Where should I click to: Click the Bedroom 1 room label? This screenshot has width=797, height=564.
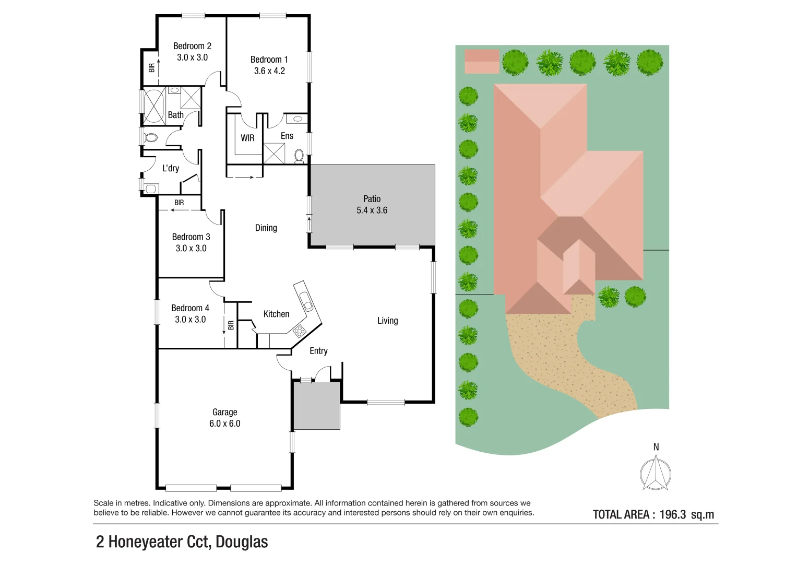[x=269, y=60]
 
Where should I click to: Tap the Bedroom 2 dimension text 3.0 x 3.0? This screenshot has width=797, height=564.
[x=192, y=57]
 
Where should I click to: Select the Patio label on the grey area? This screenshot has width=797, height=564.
[x=372, y=199]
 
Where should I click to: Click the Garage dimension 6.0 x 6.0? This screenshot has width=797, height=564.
[x=224, y=424]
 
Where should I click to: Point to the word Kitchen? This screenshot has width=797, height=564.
[x=276, y=314]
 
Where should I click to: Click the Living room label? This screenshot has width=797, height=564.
[x=387, y=321]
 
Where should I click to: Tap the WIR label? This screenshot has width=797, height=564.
[x=247, y=138]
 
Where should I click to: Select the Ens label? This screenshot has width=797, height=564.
[x=287, y=136]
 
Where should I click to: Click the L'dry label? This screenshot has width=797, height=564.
[x=170, y=168]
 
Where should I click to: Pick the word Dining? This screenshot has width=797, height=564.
[x=266, y=228]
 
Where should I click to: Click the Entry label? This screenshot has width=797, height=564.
[x=318, y=351]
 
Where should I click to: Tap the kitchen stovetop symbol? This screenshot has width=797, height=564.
[x=300, y=331]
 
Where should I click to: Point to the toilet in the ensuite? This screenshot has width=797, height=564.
[x=299, y=156]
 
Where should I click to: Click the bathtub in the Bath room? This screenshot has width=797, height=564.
[x=154, y=107]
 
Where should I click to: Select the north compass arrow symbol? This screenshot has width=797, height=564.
[x=656, y=473]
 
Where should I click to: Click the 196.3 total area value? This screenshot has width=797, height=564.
[x=672, y=514]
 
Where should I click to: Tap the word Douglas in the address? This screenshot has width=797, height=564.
[x=242, y=542]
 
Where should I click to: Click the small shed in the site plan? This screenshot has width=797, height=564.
[x=482, y=62]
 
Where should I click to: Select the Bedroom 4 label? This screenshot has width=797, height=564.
[x=190, y=308]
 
